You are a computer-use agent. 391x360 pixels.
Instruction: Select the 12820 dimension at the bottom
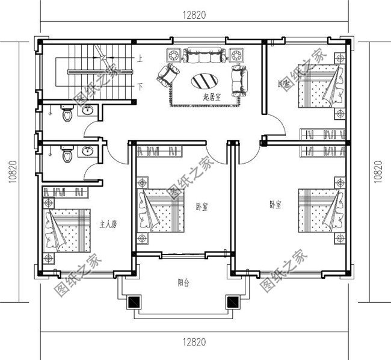pos(192,342)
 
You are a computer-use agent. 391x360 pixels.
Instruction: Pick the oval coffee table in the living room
pos(205,81)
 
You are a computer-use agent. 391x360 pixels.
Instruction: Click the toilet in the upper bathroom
pos(67,112)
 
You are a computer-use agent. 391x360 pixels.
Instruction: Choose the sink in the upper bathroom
pos(87,110)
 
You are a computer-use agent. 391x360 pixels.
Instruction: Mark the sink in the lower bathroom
pos(87,151)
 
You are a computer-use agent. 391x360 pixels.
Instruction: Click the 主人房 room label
pos(108,225)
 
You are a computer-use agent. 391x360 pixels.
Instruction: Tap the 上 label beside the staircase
pos(140,59)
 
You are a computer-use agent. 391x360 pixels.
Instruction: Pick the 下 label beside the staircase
pos(140,87)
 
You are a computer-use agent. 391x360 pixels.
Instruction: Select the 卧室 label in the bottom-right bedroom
pos(276,205)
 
